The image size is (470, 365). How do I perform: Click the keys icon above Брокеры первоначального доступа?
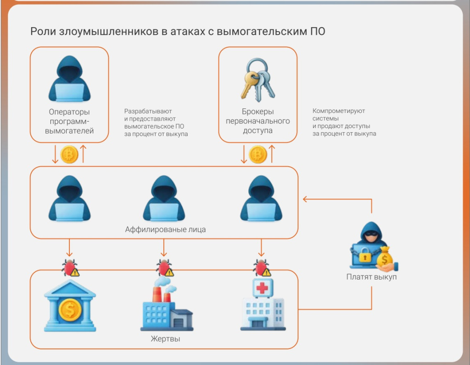(x=257, y=79)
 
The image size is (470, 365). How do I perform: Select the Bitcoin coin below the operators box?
(x=69, y=155)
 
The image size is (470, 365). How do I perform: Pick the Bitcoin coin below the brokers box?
(x=257, y=155)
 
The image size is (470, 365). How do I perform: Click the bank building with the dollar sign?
(x=70, y=305)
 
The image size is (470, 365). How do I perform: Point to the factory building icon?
(x=166, y=305)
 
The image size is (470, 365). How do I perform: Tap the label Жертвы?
(x=165, y=339)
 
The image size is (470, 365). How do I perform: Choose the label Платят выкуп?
(x=372, y=277)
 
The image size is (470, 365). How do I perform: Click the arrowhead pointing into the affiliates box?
(x=305, y=199)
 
